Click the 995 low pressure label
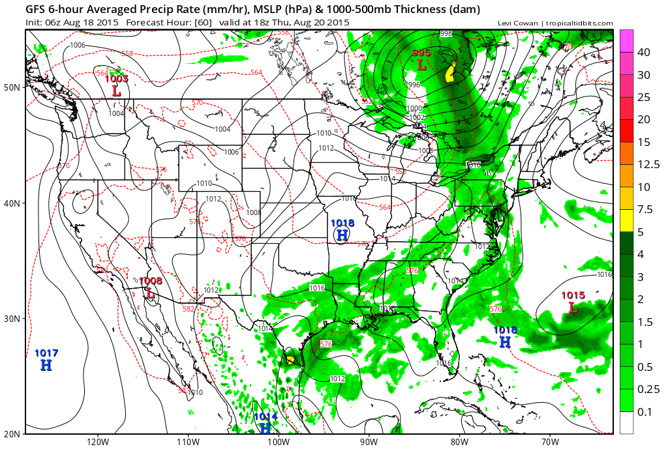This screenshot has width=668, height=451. (421, 53)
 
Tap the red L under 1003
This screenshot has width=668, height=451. (116, 91)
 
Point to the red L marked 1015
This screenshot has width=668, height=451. (573, 307)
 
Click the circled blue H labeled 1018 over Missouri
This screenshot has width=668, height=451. (342, 235)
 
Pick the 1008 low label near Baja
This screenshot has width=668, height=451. (151, 281)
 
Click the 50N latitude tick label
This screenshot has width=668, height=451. (12, 87)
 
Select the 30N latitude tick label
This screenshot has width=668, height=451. (12, 319)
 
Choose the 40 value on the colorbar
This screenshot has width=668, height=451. (645, 52)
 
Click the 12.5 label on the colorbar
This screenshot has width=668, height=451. (648, 164)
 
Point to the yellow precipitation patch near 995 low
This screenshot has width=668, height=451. (450, 72)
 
